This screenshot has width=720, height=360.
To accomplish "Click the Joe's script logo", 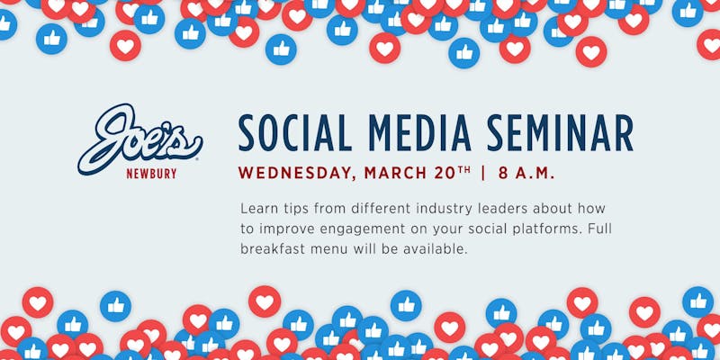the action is pyautogui.click(x=139, y=138).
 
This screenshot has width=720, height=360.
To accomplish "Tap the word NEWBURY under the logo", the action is pyautogui.click(x=151, y=174).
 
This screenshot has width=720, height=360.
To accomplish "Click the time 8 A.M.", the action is pyautogui.click(x=526, y=174).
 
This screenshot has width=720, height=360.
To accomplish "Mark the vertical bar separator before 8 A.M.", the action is pyautogui.click(x=483, y=174).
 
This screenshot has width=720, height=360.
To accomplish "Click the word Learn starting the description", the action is pyautogui.click(x=254, y=209).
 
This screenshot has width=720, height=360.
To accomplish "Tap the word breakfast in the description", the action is pyautogui.click(x=272, y=249).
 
